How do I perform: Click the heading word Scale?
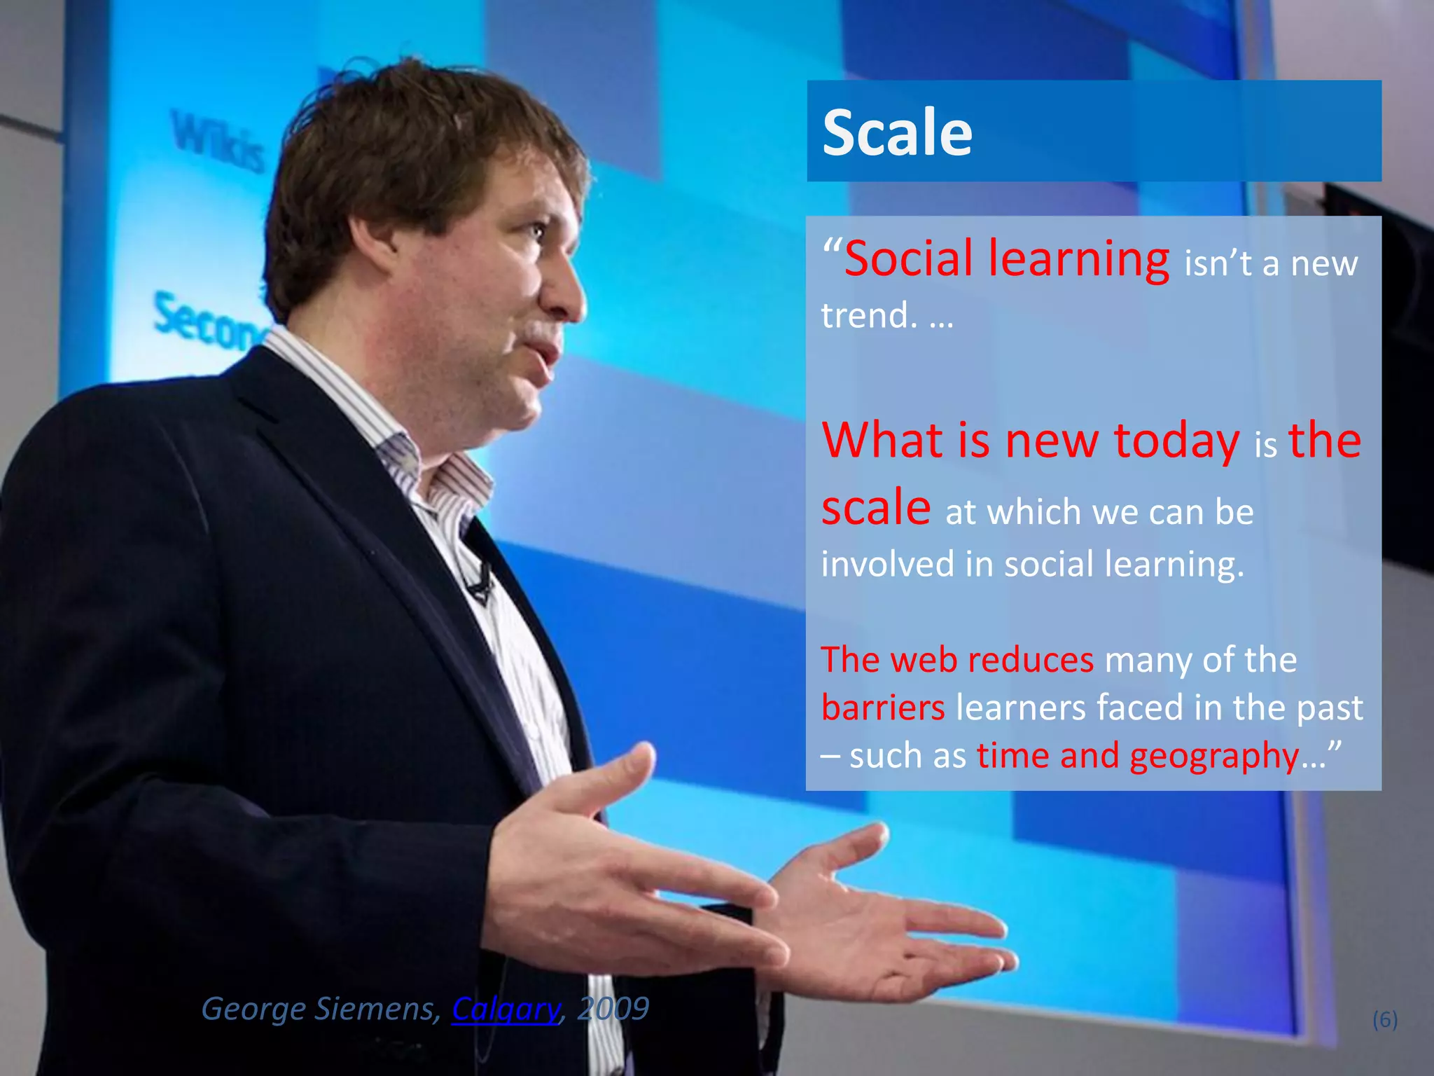coord(897,133)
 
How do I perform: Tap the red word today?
coord(1176,441)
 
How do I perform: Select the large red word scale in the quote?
coord(875,508)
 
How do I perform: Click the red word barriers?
coord(883,708)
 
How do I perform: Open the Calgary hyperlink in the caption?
coord(506,1009)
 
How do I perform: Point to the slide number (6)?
coord(1385,1019)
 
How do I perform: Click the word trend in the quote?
coord(868,315)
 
